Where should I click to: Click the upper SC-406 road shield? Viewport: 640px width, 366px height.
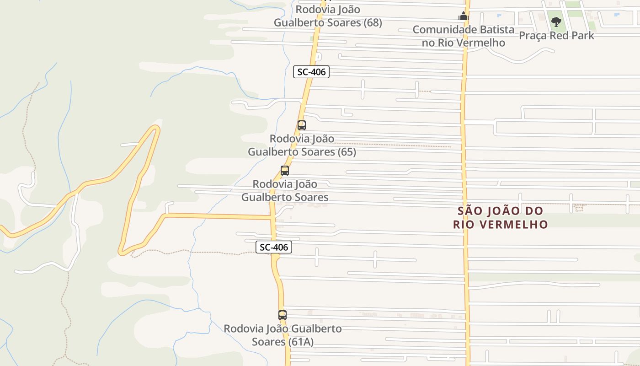pyautogui.click(x=311, y=72)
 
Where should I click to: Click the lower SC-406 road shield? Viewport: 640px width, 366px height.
pyautogui.click(x=273, y=247)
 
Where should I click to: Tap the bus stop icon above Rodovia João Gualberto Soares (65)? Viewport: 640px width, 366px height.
pyautogui.click(x=302, y=125)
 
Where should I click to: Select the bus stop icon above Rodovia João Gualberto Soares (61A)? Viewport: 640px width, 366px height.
pyautogui.click(x=283, y=315)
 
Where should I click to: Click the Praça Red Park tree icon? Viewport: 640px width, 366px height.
pyautogui.click(x=556, y=22)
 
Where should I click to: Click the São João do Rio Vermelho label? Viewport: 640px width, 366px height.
pyautogui.click(x=501, y=218)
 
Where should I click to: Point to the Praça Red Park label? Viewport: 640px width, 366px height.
pyautogui.click(x=556, y=36)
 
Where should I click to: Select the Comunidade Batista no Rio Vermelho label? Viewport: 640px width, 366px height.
pyautogui.click(x=463, y=36)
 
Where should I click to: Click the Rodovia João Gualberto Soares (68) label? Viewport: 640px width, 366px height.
pyautogui.click(x=328, y=16)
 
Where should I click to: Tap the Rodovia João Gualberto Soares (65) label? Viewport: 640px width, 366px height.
pyautogui.click(x=302, y=145)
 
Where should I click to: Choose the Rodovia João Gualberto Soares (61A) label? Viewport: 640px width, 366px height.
pyautogui.click(x=283, y=335)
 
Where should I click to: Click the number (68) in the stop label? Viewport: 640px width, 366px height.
pyautogui.click(x=373, y=22)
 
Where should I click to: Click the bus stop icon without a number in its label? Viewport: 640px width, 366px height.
pyautogui.click(x=285, y=171)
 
